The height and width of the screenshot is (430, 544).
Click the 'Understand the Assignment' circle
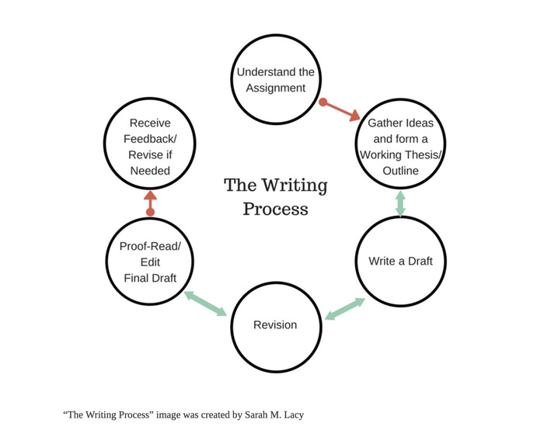coord(275,80)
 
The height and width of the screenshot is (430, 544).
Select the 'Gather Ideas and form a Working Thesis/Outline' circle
coord(401,147)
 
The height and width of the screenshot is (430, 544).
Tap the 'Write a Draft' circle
coord(400,261)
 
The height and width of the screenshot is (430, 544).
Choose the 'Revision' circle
coord(275,324)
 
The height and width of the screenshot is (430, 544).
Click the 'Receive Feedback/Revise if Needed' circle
coord(150,147)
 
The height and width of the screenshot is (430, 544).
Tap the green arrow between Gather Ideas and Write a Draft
coord(401,203)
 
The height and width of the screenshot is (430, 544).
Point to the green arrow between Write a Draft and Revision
coord(344,308)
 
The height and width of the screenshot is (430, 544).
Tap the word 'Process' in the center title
coord(275,210)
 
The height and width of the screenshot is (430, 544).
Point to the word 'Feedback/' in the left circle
coord(150,147)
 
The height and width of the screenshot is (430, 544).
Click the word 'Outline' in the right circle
coord(401,171)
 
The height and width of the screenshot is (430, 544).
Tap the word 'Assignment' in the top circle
coord(275,88)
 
